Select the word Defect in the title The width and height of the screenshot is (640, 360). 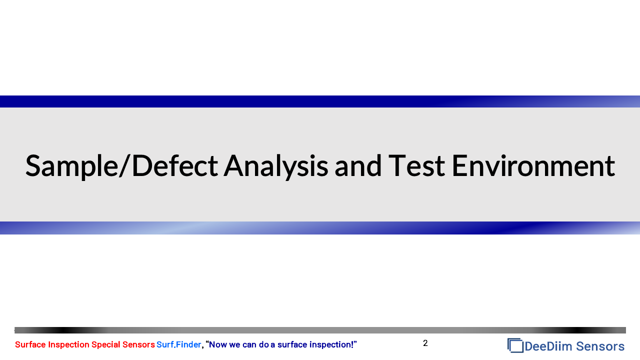click(x=175, y=165)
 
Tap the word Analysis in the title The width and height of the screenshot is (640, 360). click(x=275, y=166)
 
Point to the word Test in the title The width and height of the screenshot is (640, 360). click(x=416, y=165)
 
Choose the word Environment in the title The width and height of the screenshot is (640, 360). click(x=533, y=165)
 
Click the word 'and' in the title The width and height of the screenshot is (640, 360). click(x=358, y=165)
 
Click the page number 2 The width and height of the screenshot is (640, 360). click(x=425, y=343)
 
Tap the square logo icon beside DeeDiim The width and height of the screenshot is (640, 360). click(x=515, y=345)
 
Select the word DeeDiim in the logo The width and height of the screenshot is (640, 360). click(x=548, y=346)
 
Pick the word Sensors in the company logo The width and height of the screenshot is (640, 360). click(x=600, y=346)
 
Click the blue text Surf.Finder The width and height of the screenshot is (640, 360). click(x=179, y=344)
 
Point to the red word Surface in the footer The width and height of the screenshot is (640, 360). click(x=30, y=344)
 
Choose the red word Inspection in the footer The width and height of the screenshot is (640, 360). click(x=68, y=345)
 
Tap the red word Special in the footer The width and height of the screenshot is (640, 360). click(x=105, y=345)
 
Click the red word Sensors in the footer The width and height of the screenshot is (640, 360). click(x=138, y=344)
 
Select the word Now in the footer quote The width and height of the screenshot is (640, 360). click(x=218, y=344)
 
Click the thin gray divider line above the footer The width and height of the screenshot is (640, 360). click(x=320, y=330)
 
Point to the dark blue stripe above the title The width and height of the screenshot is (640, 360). click(x=320, y=101)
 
